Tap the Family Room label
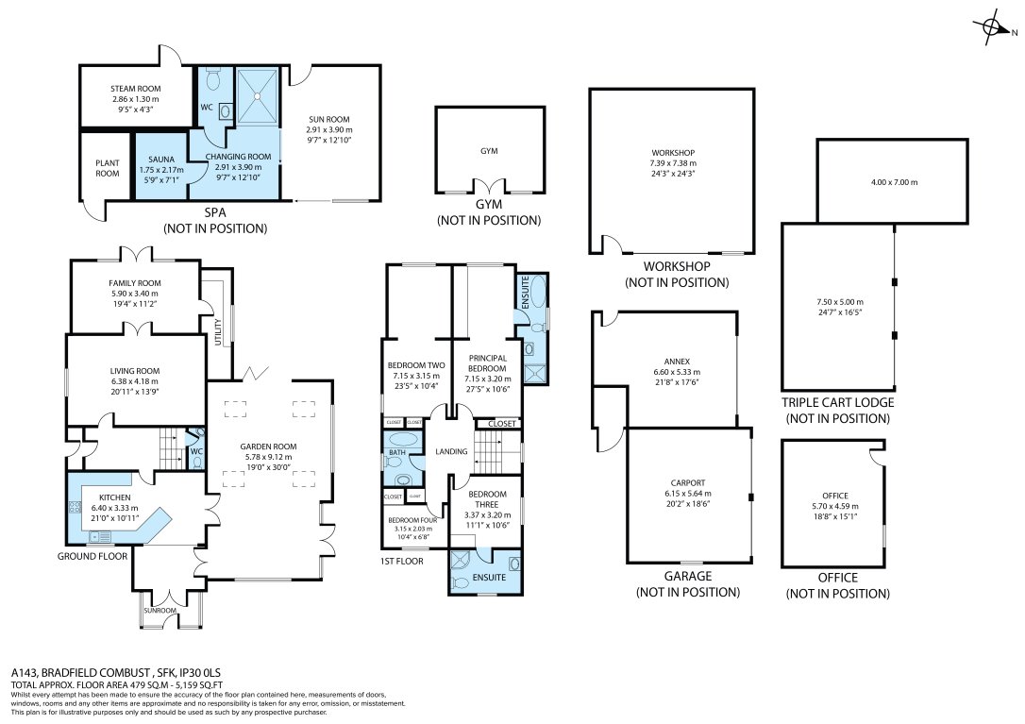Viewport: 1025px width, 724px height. pos(136,282)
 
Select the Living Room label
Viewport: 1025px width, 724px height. pos(136,371)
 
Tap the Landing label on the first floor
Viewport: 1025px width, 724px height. pos(451,452)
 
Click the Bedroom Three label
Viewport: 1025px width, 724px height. pos(487,499)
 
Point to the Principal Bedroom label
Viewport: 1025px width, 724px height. pos(486,363)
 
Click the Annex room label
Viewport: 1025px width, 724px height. pos(671,361)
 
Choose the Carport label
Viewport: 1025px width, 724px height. pos(686,482)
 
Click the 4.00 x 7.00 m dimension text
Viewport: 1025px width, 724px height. pos(891,182)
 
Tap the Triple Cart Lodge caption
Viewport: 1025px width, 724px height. pos(837,402)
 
